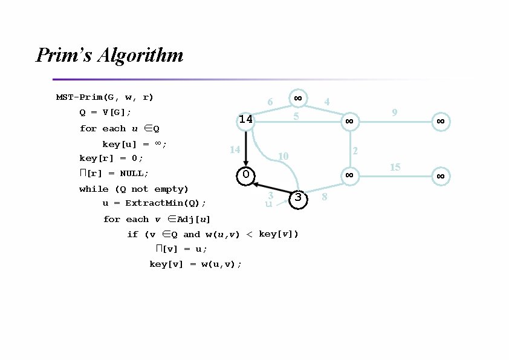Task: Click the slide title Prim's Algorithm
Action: (x=109, y=56)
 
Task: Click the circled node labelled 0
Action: (x=246, y=175)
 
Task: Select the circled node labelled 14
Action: (x=245, y=120)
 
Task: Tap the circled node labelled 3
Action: (x=298, y=198)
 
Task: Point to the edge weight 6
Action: (x=270, y=103)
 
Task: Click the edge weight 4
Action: (x=326, y=102)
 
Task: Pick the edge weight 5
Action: (x=296, y=115)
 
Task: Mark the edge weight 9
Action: (x=394, y=113)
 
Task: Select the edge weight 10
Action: (x=282, y=157)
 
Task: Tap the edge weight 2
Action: (x=355, y=150)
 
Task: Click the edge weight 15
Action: (x=395, y=167)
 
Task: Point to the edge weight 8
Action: (x=325, y=197)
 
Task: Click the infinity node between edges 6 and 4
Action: (x=297, y=97)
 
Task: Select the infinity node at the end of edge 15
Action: (x=441, y=176)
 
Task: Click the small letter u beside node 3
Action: (x=268, y=205)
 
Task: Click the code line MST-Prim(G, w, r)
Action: (x=105, y=97)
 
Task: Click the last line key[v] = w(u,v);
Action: (x=195, y=264)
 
